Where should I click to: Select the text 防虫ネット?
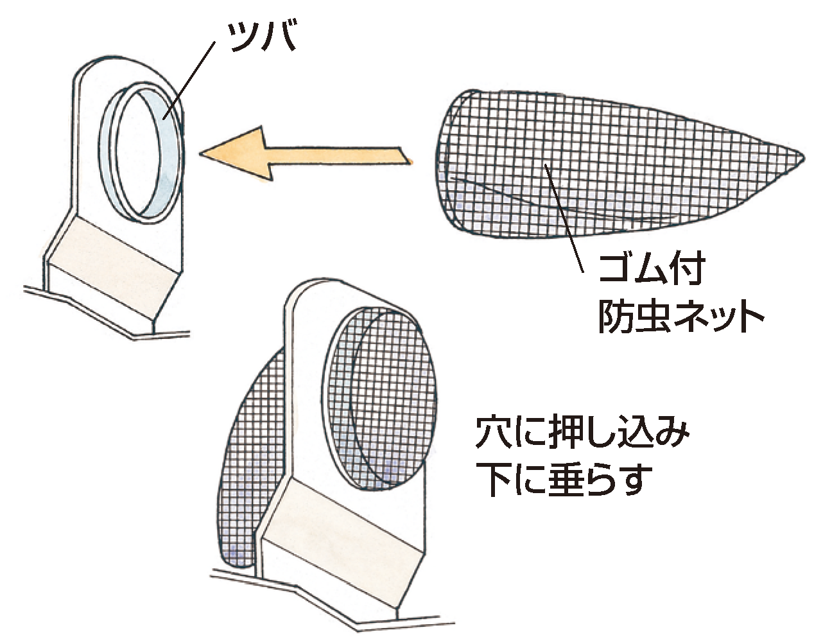(x=681, y=316)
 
